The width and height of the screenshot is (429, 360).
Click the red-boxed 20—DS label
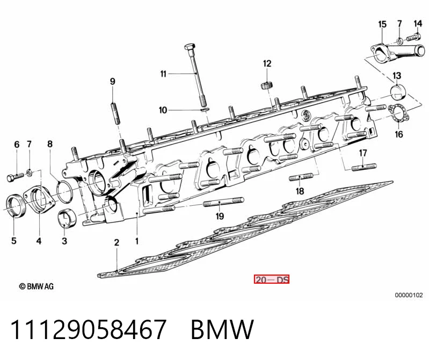(x=271, y=279)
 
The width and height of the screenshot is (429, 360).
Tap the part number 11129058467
(x=89, y=329)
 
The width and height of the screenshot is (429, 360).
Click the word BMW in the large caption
(x=222, y=329)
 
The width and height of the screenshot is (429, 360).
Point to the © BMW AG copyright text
(x=37, y=286)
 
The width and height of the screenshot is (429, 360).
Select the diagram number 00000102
(x=409, y=295)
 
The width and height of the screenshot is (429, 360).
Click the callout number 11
(x=163, y=74)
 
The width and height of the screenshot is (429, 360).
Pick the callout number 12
(x=267, y=63)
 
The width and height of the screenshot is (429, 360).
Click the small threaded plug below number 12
(x=266, y=85)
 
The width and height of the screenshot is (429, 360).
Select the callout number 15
(x=382, y=24)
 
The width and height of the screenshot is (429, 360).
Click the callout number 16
(x=399, y=134)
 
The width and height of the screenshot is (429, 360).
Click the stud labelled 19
(x=223, y=202)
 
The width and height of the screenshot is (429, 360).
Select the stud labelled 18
(x=301, y=177)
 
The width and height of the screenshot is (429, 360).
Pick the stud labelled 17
(x=363, y=167)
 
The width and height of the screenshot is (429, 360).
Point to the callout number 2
(x=117, y=243)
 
